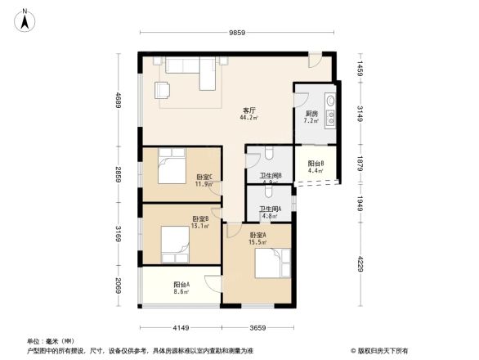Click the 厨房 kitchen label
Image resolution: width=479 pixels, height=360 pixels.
click(311, 114)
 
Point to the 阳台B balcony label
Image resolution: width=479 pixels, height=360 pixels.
click(316, 164)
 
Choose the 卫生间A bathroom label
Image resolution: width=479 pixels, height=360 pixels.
click(271, 209)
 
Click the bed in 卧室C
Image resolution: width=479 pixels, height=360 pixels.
click(172, 168)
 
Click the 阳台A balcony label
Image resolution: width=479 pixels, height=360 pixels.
click(181, 285)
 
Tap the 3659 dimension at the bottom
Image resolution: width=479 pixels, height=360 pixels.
click(262, 327)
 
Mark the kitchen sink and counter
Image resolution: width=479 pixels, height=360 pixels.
click(329, 108)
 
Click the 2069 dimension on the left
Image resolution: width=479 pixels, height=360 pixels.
click(118, 286)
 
